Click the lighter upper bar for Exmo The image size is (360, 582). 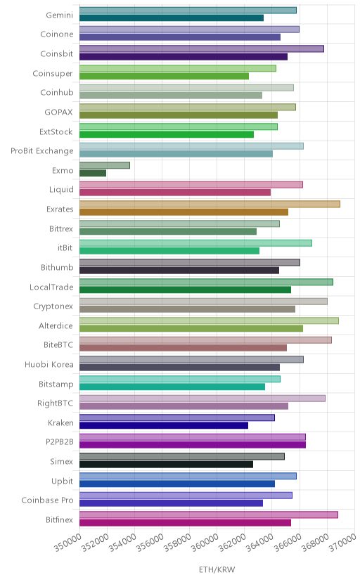[105, 165]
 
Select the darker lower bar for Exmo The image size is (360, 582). [93, 173]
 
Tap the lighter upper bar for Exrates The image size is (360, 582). [210, 204]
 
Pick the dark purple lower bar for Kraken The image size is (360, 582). [164, 425]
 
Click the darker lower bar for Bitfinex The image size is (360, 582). [185, 523]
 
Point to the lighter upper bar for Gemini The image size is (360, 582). [188, 10]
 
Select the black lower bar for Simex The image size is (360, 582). [166, 465]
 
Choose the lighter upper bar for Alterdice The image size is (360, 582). [209, 321]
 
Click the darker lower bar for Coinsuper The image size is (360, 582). [164, 76]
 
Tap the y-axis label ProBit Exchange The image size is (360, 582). [42, 151]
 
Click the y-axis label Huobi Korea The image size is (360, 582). [49, 365]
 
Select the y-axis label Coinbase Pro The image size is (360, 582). [48, 500]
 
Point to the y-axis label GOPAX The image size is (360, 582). [58, 112]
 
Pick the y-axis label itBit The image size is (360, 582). [65, 248]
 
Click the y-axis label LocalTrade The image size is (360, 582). [51, 287]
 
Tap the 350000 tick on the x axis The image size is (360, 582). [68, 543]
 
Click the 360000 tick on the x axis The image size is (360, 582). [205, 543]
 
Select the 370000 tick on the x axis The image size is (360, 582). [342, 543]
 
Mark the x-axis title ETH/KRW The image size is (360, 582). [217, 570]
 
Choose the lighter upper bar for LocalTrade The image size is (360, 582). [206, 282]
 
